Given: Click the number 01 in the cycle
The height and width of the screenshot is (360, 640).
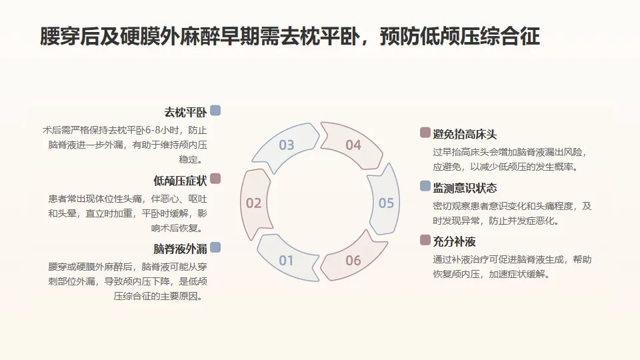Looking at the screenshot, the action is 286,260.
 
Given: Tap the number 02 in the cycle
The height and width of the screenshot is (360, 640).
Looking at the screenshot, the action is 253,203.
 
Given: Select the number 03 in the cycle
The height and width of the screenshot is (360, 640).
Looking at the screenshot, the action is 286,145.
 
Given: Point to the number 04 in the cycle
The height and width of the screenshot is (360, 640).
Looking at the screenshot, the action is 353,145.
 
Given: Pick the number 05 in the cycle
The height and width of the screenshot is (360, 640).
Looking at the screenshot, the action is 386,203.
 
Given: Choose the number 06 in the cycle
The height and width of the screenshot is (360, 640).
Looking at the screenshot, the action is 353,260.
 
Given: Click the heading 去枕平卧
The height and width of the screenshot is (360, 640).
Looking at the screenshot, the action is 185,112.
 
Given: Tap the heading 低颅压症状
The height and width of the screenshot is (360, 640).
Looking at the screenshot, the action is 179,181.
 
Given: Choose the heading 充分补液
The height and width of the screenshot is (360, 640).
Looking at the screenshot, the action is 454,241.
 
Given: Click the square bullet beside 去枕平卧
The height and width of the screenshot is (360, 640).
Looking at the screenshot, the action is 215,111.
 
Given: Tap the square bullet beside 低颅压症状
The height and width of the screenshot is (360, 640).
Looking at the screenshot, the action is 215,179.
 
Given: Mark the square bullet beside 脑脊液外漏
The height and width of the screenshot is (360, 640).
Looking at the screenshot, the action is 215,248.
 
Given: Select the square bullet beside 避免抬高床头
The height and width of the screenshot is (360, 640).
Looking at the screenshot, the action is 425,133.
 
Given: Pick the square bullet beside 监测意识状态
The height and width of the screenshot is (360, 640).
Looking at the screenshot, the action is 425,187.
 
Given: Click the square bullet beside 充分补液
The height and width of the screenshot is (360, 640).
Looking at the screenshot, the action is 425,240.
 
